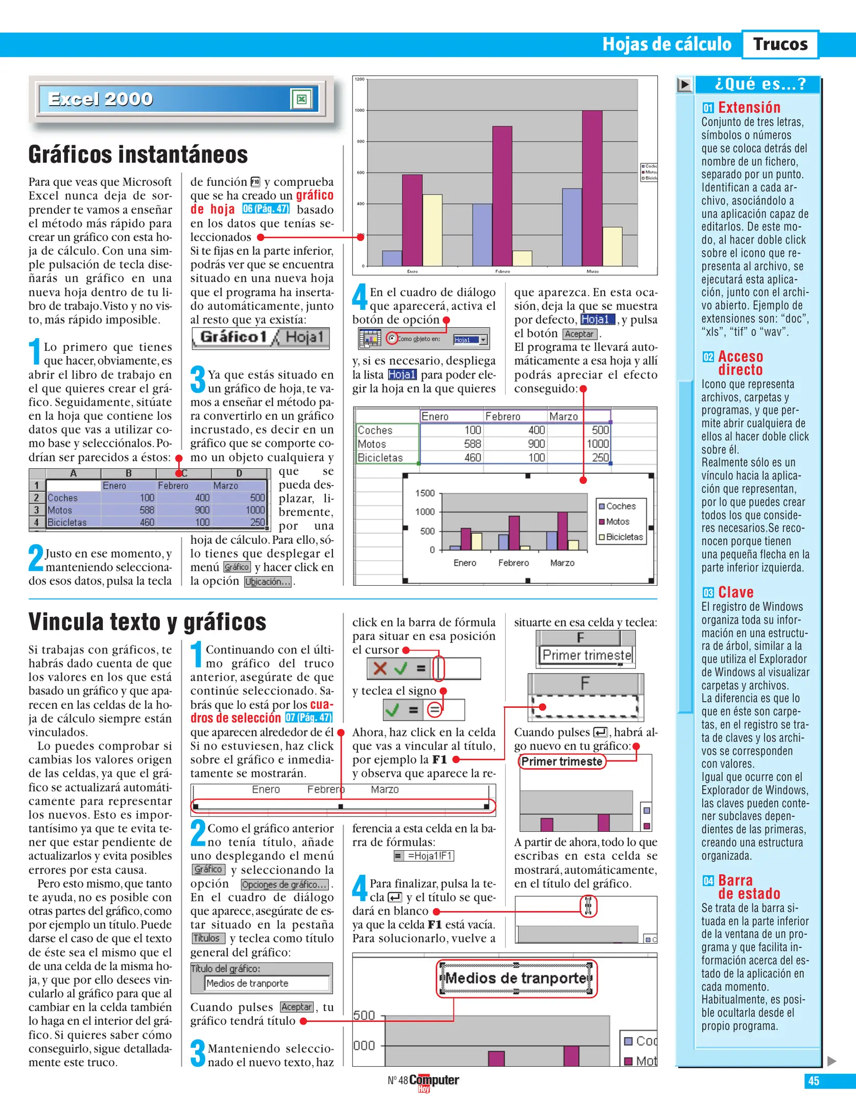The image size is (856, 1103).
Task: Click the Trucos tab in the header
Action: pos(780,44)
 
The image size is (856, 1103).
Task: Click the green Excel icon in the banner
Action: pos(301,99)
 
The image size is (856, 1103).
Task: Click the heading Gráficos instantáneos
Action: pos(138,155)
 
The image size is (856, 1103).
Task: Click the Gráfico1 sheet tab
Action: pos(233,337)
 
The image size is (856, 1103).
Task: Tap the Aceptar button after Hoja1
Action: pos(579,334)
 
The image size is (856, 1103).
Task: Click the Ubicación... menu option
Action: pos(268,582)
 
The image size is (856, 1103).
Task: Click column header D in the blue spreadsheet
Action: pos(239,473)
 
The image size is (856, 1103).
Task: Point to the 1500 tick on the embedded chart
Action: pos(425,493)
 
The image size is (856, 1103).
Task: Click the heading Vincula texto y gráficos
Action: pos(147,622)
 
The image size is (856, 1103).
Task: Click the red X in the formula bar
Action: pos(379,668)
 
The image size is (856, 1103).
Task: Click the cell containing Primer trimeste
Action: pos(586,655)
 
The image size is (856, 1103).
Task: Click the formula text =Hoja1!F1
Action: pos(429,855)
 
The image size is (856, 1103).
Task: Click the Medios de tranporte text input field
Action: pos(267,983)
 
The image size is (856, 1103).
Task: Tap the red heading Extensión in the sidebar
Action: pos(749,107)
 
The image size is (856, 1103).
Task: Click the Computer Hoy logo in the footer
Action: pos(433,1081)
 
